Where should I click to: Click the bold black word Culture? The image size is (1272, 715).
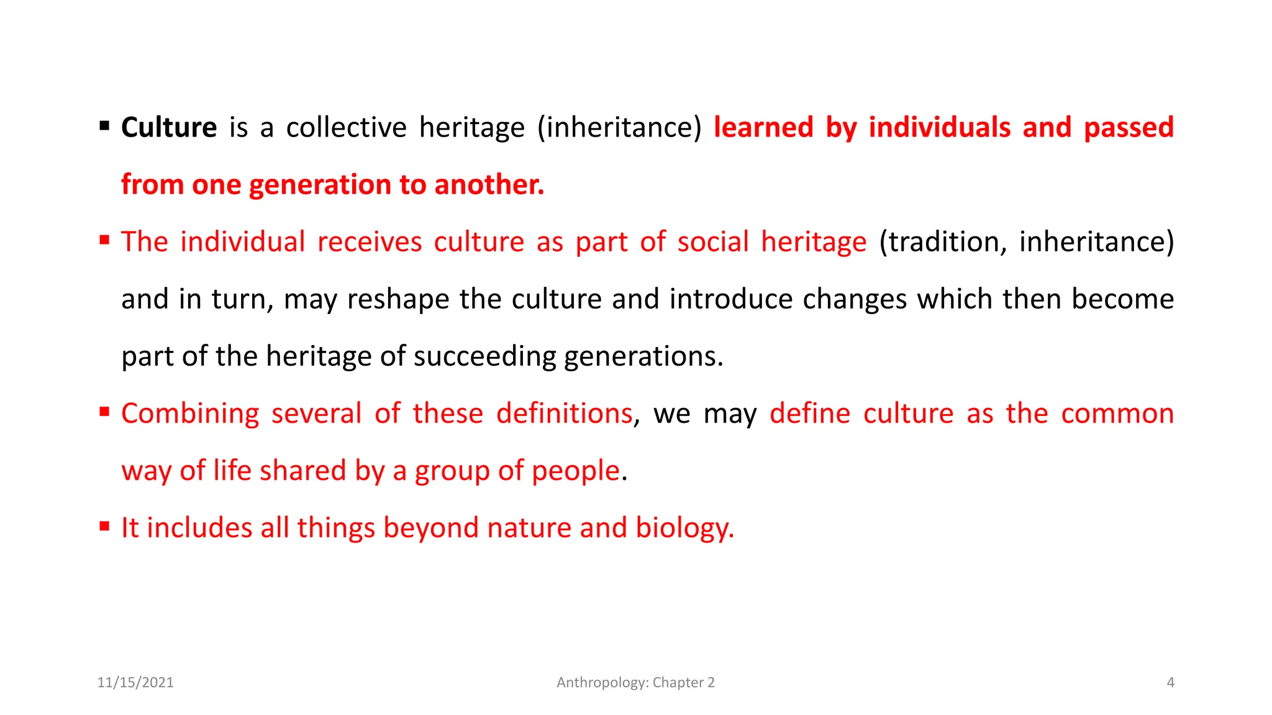tap(169, 127)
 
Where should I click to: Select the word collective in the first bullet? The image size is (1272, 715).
tap(346, 127)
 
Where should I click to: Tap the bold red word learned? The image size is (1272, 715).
tap(763, 127)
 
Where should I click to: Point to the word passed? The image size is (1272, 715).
tap(1129, 127)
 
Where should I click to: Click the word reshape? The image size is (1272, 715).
tap(398, 299)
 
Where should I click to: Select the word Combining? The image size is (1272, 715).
tap(190, 414)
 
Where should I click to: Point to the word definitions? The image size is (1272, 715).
tap(564, 413)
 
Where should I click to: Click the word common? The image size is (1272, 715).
tap(1117, 413)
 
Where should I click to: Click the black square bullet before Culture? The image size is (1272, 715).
tap(104, 127)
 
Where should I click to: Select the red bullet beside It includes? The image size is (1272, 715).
tap(104, 527)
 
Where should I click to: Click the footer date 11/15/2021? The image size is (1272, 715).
tap(135, 682)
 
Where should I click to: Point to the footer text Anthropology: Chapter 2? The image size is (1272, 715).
tap(635, 682)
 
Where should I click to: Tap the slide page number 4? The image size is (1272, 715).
tap(1170, 682)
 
